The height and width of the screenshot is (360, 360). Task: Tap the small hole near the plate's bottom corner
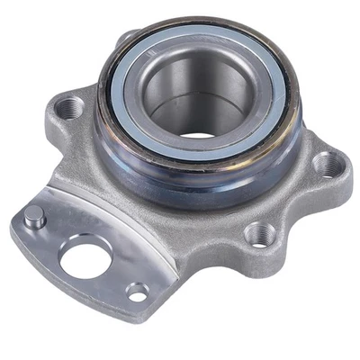[x=137, y=292]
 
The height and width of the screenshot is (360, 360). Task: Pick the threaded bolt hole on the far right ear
[x=328, y=165]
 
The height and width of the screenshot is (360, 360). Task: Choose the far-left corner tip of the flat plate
[x=13, y=225]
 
